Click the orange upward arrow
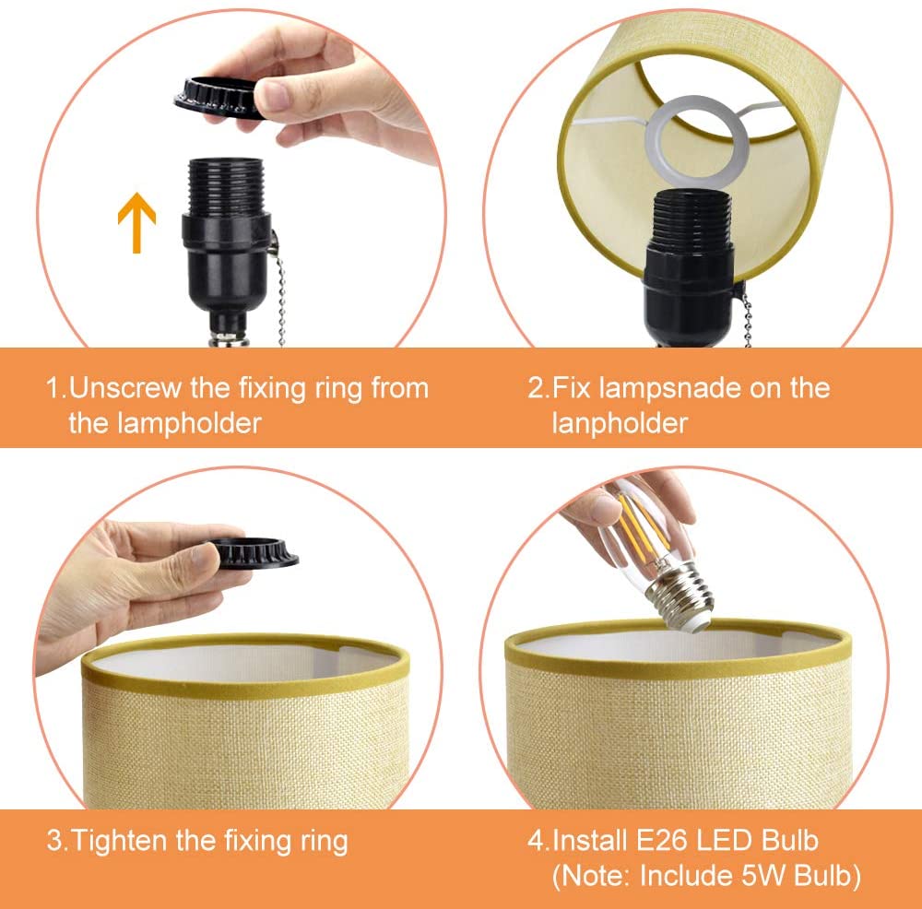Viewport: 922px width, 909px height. (x=136, y=222)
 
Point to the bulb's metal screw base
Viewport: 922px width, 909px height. (x=680, y=598)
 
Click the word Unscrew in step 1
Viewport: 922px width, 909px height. (x=125, y=388)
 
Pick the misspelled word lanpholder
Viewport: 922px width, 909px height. (x=620, y=423)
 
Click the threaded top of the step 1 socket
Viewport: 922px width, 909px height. (x=227, y=186)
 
